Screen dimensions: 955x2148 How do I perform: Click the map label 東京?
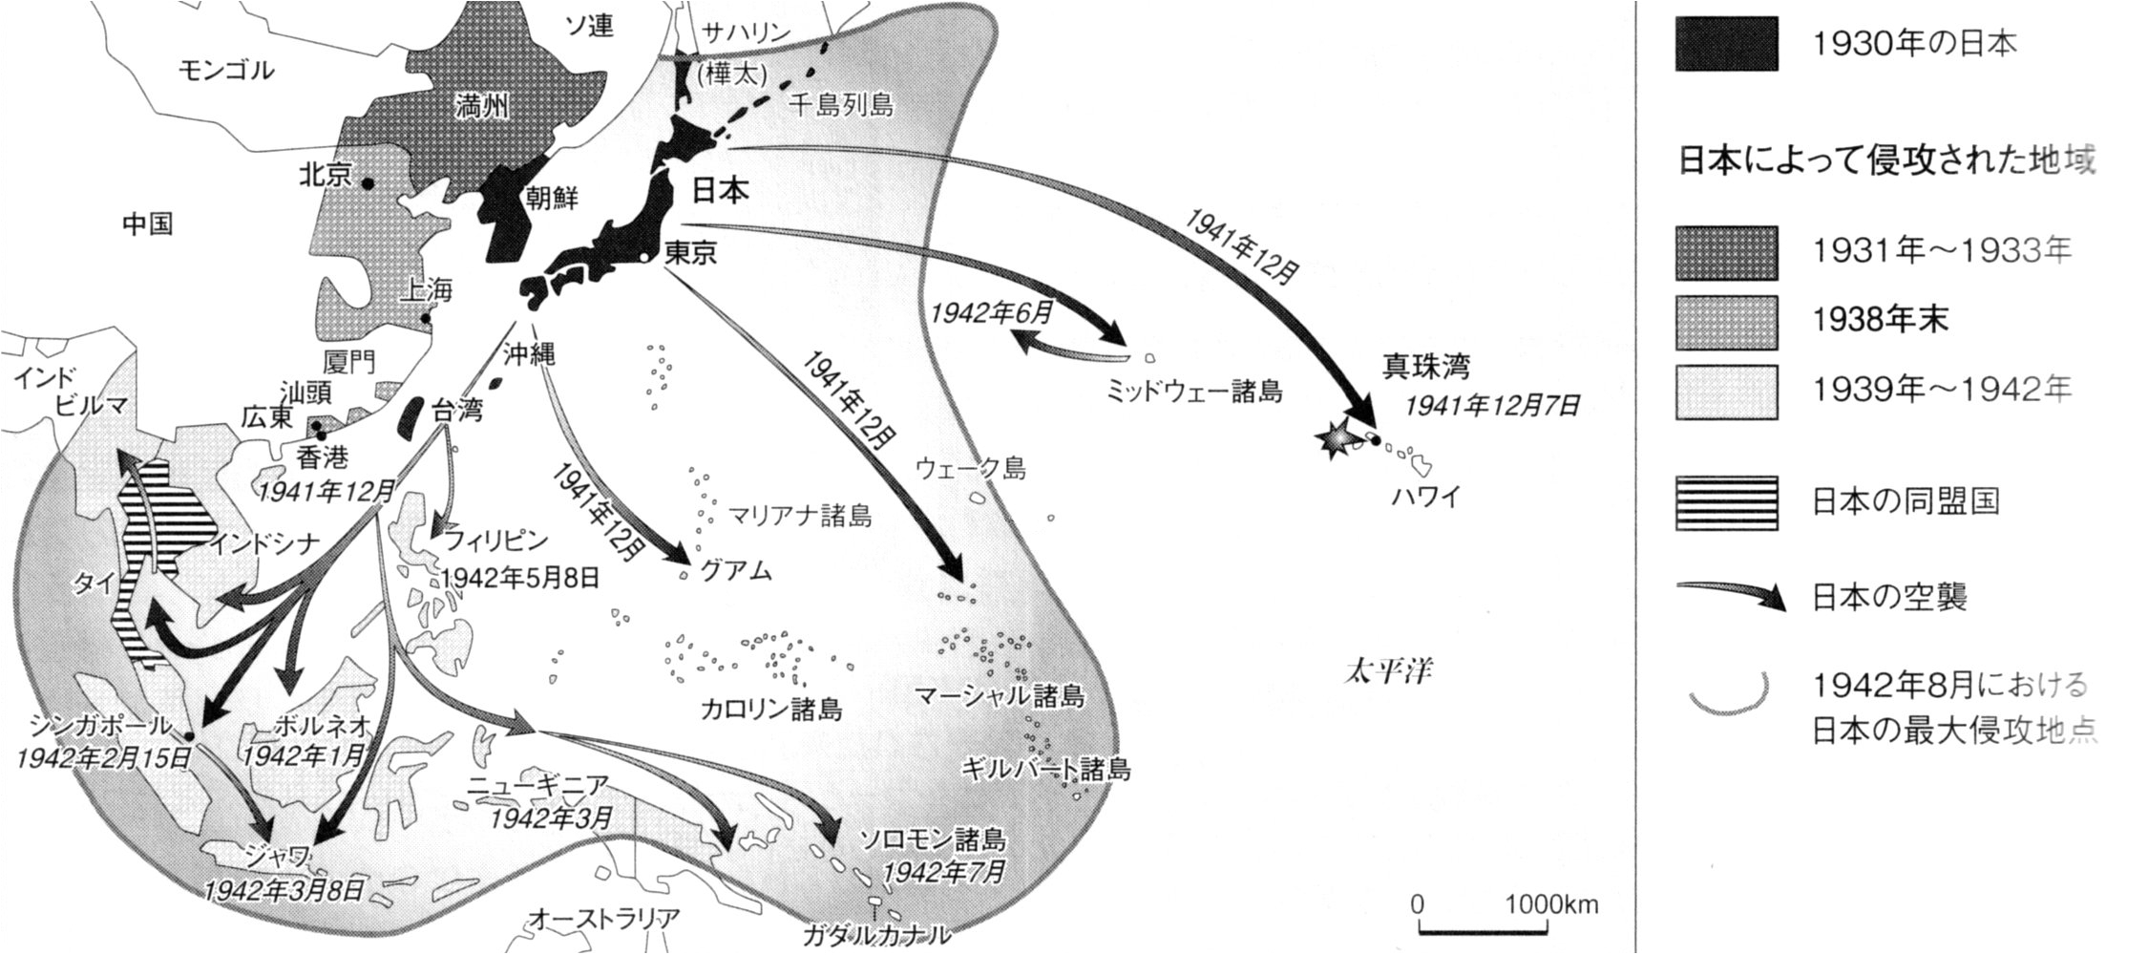(691, 252)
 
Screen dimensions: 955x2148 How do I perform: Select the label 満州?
(481, 106)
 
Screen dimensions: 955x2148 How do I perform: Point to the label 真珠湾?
(1426, 367)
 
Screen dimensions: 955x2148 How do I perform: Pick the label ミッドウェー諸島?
(1193, 391)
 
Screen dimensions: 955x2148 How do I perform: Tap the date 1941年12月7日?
(1491, 406)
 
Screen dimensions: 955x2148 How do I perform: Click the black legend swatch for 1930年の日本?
(1726, 44)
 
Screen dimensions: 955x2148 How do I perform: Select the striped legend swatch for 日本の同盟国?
(1726, 502)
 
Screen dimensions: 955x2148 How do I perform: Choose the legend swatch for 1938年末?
(1726, 323)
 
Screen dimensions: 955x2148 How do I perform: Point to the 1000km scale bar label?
(1551, 904)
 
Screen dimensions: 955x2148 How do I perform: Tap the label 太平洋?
(1387, 671)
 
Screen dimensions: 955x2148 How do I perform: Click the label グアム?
(735, 571)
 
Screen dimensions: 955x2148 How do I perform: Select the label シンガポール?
(99, 726)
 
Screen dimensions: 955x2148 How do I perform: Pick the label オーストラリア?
(603, 919)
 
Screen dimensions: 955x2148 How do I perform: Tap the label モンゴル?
(226, 70)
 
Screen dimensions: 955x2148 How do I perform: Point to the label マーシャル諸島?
(999, 695)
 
